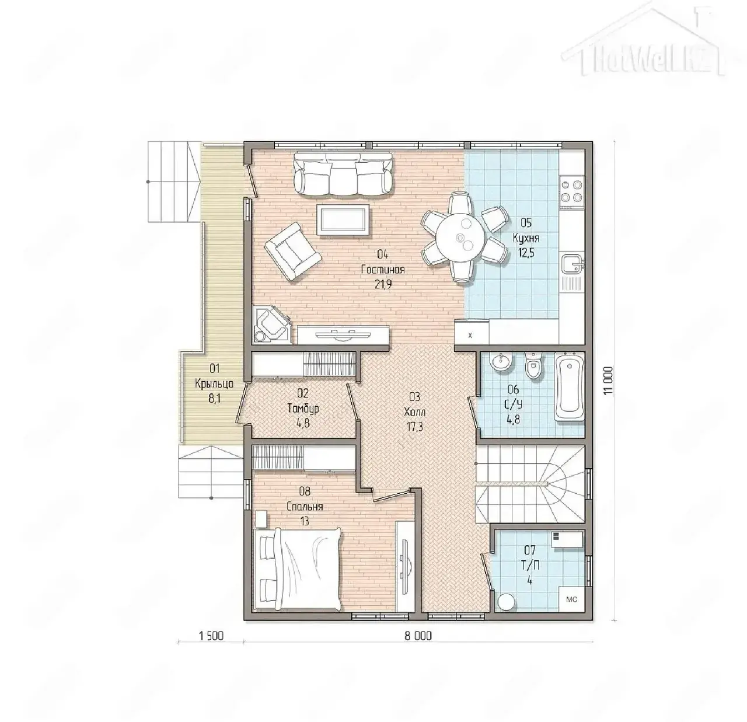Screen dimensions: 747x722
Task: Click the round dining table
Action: pos(460,237)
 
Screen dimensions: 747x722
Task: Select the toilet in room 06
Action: pos(533,365)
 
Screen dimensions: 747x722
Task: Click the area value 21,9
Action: pos(383,284)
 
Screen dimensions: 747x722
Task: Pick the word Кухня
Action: pos(526,238)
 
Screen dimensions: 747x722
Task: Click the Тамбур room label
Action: pos(303,409)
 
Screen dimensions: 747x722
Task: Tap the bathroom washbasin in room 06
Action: pos(501,361)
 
